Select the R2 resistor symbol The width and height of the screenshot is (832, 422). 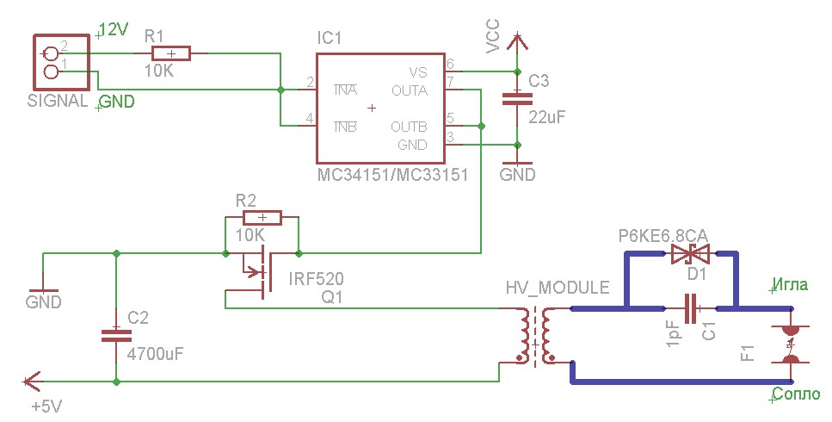(x=260, y=217)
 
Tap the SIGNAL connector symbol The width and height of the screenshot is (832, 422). (x=50, y=61)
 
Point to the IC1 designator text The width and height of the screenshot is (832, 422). (x=329, y=39)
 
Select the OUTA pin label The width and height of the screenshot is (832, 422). (x=410, y=89)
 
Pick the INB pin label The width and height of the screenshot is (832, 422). (x=346, y=127)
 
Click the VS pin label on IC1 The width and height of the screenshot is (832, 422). (x=417, y=72)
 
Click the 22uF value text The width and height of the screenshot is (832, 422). (x=547, y=117)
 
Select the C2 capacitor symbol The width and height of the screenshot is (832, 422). (x=114, y=334)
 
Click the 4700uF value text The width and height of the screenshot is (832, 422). (x=155, y=353)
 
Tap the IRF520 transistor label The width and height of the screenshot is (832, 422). (x=315, y=279)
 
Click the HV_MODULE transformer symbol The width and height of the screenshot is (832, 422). (x=536, y=337)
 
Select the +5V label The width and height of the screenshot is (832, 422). (x=46, y=406)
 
